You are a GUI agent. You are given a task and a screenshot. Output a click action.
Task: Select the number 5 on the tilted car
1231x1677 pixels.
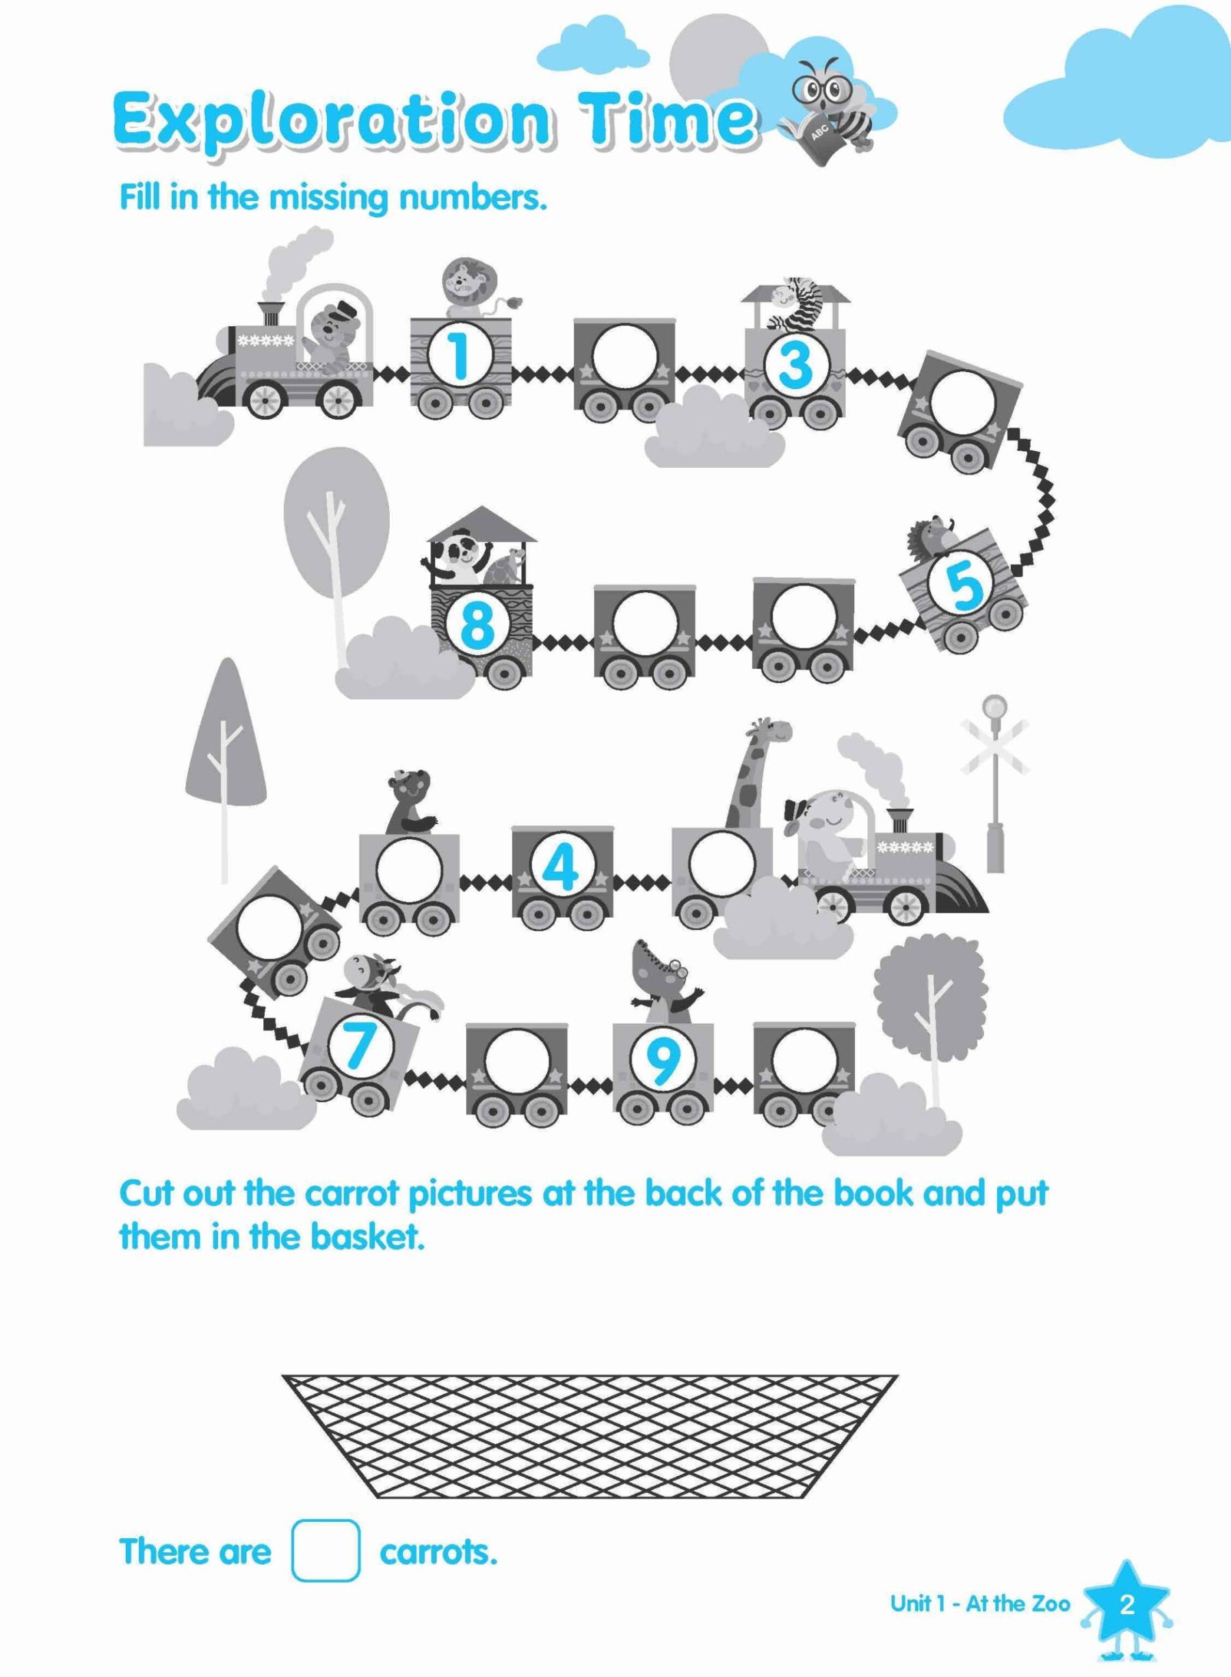tap(965, 585)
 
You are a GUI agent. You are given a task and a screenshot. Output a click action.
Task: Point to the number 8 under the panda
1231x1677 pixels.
tap(477, 624)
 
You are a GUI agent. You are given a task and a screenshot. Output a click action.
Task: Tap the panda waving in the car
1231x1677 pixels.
tap(456, 558)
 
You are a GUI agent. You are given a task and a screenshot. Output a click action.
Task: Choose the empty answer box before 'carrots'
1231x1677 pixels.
tap(326, 1547)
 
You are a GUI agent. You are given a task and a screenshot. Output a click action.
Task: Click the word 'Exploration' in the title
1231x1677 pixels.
tap(333, 122)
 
